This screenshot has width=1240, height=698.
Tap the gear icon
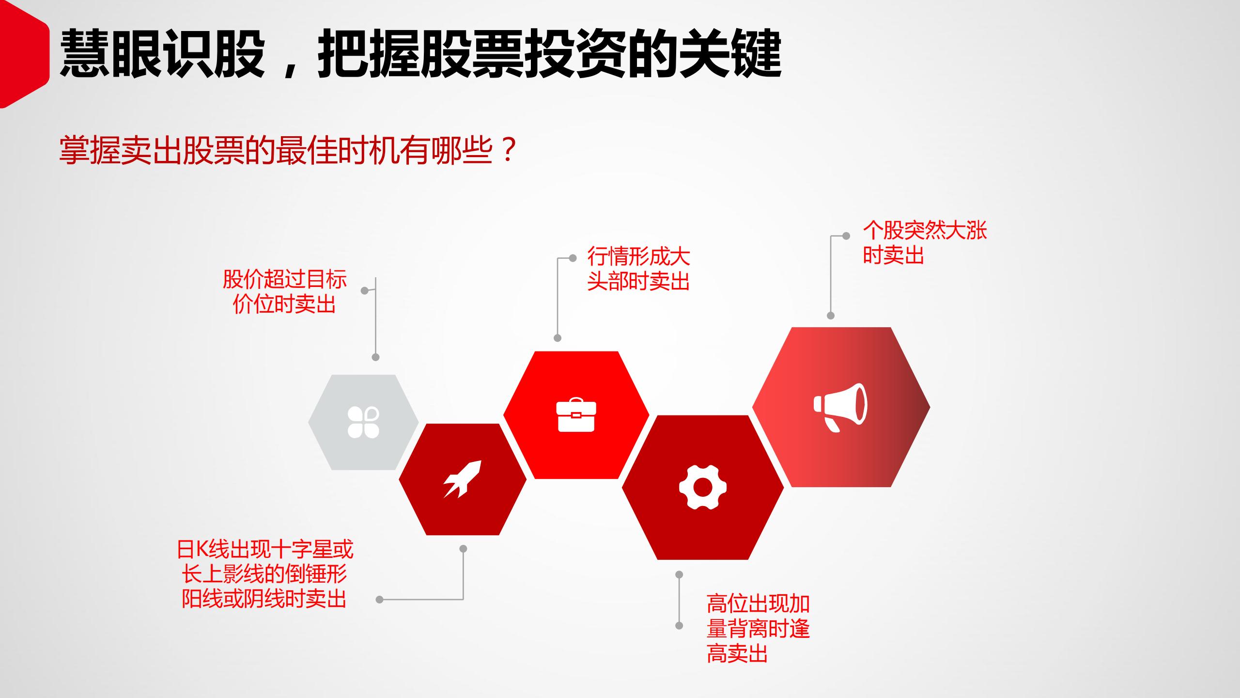coord(703,487)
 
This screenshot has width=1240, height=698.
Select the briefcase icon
coord(576,414)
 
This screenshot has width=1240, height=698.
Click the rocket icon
coord(463,479)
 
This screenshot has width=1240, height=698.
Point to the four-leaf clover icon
coord(363,422)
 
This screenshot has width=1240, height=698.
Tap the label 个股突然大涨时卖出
coord(924,242)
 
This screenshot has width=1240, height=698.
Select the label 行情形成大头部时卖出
coord(638,269)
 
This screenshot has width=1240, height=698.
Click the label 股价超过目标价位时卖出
coord(284,292)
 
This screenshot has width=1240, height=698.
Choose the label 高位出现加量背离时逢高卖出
coord(758,629)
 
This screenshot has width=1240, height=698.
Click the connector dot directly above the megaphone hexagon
coord(831,316)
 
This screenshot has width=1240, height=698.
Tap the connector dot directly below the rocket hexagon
coord(463,549)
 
